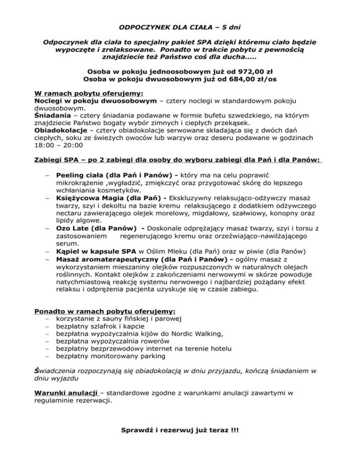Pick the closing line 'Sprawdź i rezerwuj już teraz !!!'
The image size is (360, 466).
point(180,430)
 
